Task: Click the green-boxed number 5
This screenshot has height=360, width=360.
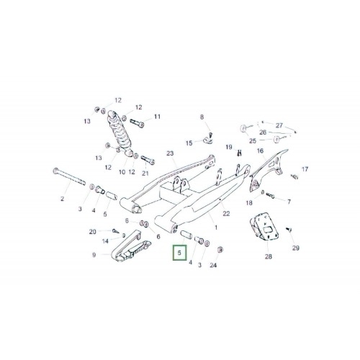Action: click(x=179, y=253)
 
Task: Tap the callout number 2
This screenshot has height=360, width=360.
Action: click(x=63, y=199)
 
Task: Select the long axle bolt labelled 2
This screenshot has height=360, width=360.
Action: click(x=69, y=176)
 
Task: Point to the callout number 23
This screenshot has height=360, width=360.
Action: click(x=170, y=153)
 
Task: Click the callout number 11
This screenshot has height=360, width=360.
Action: click(x=157, y=117)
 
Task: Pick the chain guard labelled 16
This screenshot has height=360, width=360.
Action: click(x=267, y=171)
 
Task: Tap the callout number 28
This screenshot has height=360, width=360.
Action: click(x=269, y=256)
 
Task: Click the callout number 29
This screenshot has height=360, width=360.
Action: click(x=296, y=248)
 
